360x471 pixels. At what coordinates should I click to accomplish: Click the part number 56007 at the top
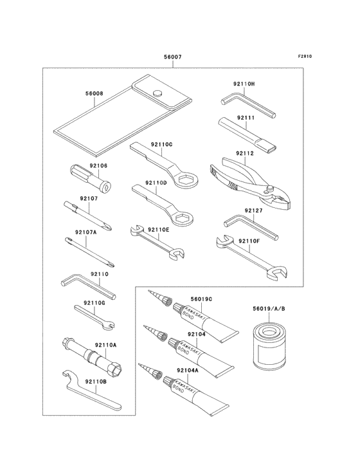[x=172, y=57]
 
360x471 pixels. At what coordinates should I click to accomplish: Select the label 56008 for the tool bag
[x=94, y=93]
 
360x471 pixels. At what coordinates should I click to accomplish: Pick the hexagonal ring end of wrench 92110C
[x=184, y=179]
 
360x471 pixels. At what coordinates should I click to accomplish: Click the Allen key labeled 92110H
[x=248, y=106]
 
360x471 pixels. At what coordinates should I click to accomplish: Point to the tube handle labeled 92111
[x=248, y=134]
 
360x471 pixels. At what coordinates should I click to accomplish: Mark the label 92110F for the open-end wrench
[x=249, y=241]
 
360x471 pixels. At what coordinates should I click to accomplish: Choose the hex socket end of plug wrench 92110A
[x=117, y=368]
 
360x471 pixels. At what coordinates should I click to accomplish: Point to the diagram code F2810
[x=305, y=56]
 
